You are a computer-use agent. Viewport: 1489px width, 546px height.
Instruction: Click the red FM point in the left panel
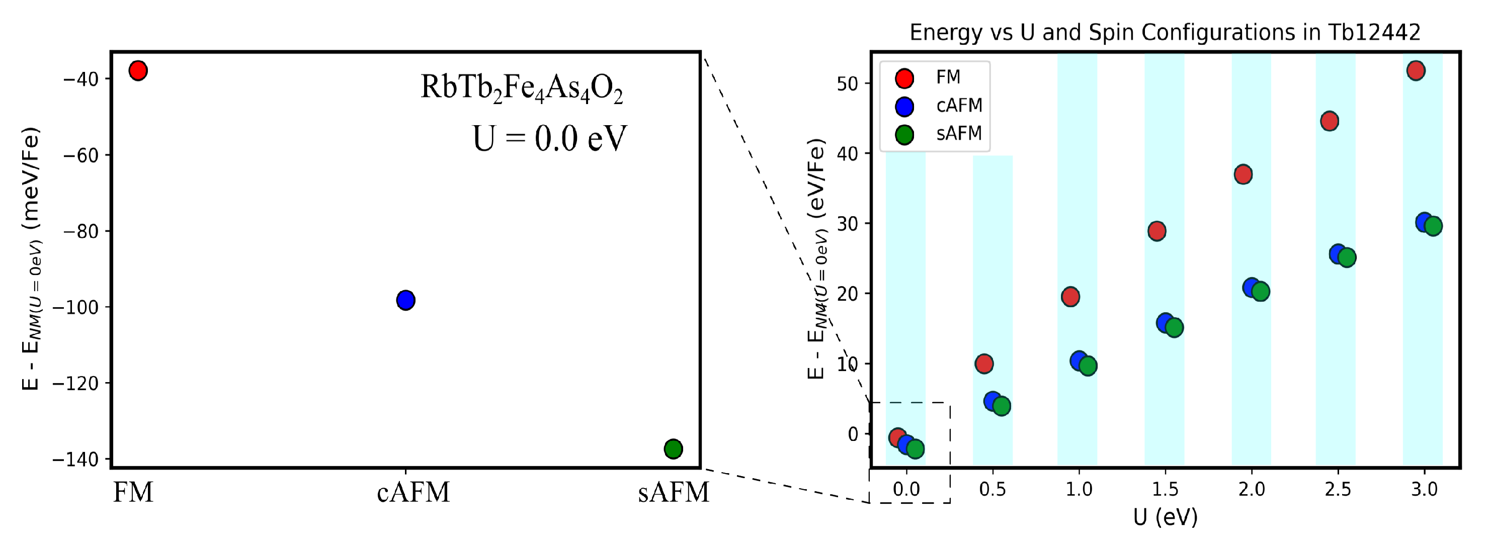137,70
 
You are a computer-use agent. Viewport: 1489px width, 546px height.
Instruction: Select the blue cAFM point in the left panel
406,300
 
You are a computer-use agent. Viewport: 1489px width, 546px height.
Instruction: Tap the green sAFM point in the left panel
674,448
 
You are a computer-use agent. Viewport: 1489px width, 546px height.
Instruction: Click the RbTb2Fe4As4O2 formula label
521,88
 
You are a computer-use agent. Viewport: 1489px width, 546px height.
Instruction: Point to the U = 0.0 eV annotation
549,139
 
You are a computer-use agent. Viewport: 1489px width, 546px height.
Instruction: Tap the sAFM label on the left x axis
674,492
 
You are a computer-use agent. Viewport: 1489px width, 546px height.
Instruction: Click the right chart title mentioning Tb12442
1165,32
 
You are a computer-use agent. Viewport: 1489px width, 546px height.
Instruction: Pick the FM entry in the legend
948,77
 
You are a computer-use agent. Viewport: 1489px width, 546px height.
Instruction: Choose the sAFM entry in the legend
958,133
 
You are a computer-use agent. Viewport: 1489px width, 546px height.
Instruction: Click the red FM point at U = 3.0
1416,70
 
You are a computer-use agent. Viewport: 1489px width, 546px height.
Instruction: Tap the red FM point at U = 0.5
984,363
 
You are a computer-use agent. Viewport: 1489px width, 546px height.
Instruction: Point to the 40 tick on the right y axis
848,154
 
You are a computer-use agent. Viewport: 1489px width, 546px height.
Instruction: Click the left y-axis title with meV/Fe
31,258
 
